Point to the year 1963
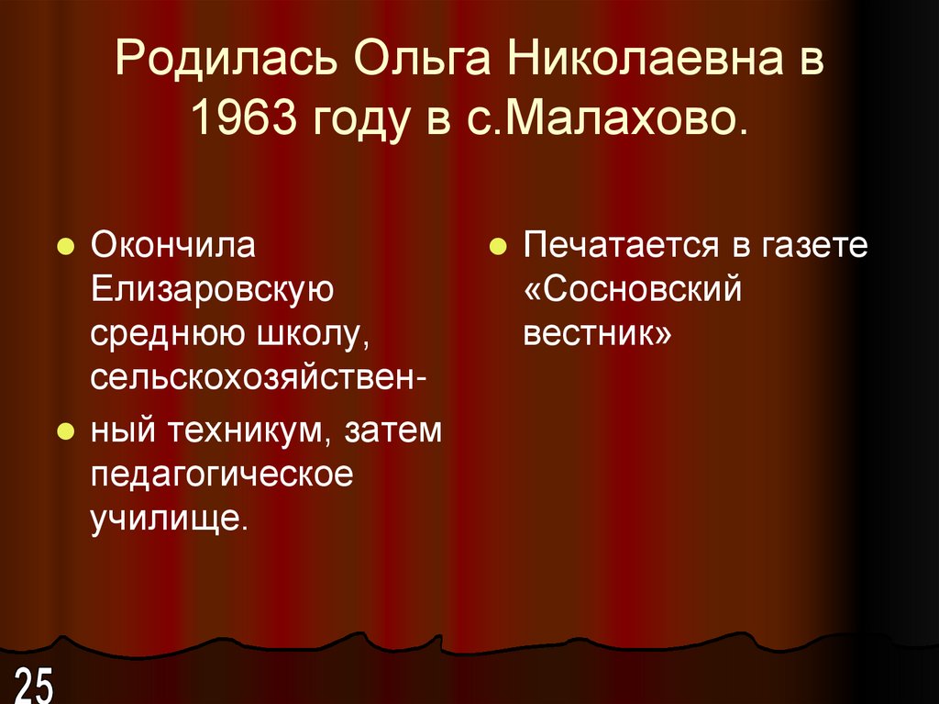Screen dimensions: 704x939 [x=243, y=120]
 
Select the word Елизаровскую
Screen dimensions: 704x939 [x=212, y=290]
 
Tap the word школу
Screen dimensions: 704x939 [x=307, y=335]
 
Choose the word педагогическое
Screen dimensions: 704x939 [x=221, y=475]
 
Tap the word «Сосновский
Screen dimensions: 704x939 [x=632, y=290]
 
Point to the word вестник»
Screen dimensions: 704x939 [x=598, y=334]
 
